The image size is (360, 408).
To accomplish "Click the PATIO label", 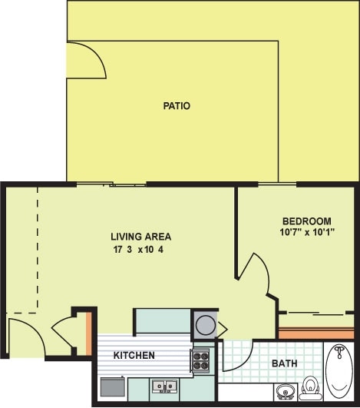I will [176, 105].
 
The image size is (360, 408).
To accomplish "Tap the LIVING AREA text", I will [140, 236].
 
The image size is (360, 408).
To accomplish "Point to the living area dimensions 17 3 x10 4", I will [140, 249].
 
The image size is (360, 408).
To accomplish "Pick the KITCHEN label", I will [134, 355].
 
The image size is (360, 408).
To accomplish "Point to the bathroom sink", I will [284, 391].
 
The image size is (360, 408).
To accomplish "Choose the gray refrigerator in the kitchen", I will [112, 386].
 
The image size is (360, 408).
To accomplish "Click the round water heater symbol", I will [205, 323].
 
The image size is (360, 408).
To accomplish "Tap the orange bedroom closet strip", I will [316, 333].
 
